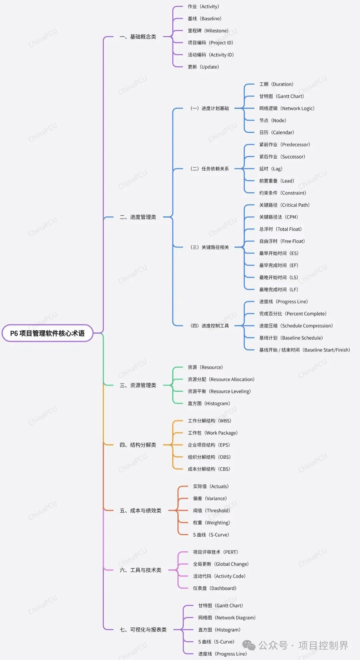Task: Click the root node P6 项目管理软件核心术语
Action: pyautogui.click(x=47, y=333)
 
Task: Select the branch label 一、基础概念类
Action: pyautogui.click(x=138, y=37)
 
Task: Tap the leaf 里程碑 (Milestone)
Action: pyautogui.click(x=208, y=31)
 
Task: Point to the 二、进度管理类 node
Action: pyautogui.click(x=138, y=217)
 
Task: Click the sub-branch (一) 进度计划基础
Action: pyautogui.click(x=210, y=108)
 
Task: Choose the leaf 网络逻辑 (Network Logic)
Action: pyautogui.click(x=287, y=108)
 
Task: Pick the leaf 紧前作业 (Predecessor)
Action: pyautogui.click(x=284, y=145)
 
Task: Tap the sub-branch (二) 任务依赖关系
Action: pyautogui.click(x=210, y=169)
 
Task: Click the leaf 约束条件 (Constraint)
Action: pyautogui.click(x=282, y=193)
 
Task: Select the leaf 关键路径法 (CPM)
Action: pyautogui.click(x=278, y=217)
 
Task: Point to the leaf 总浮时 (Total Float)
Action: pyautogui.click(x=280, y=229)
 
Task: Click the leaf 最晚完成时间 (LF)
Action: pyautogui.click(x=278, y=290)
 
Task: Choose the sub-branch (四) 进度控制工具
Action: pyautogui.click(x=210, y=326)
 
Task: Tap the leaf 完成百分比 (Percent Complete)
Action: pyautogui.click(x=293, y=314)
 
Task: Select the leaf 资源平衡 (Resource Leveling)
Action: pyautogui.click(x=219, y=391)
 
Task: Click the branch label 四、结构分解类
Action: pyautogui.click(x=138, y=445)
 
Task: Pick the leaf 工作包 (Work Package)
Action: pyautogui.click(x=212, y=433)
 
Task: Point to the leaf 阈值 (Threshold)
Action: pyautogui.click(x=211, y=510)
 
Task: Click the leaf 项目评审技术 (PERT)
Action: pyautogui.click(x=215, y=552)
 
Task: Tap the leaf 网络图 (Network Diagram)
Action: pyautogui.click(x=227, y=618)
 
